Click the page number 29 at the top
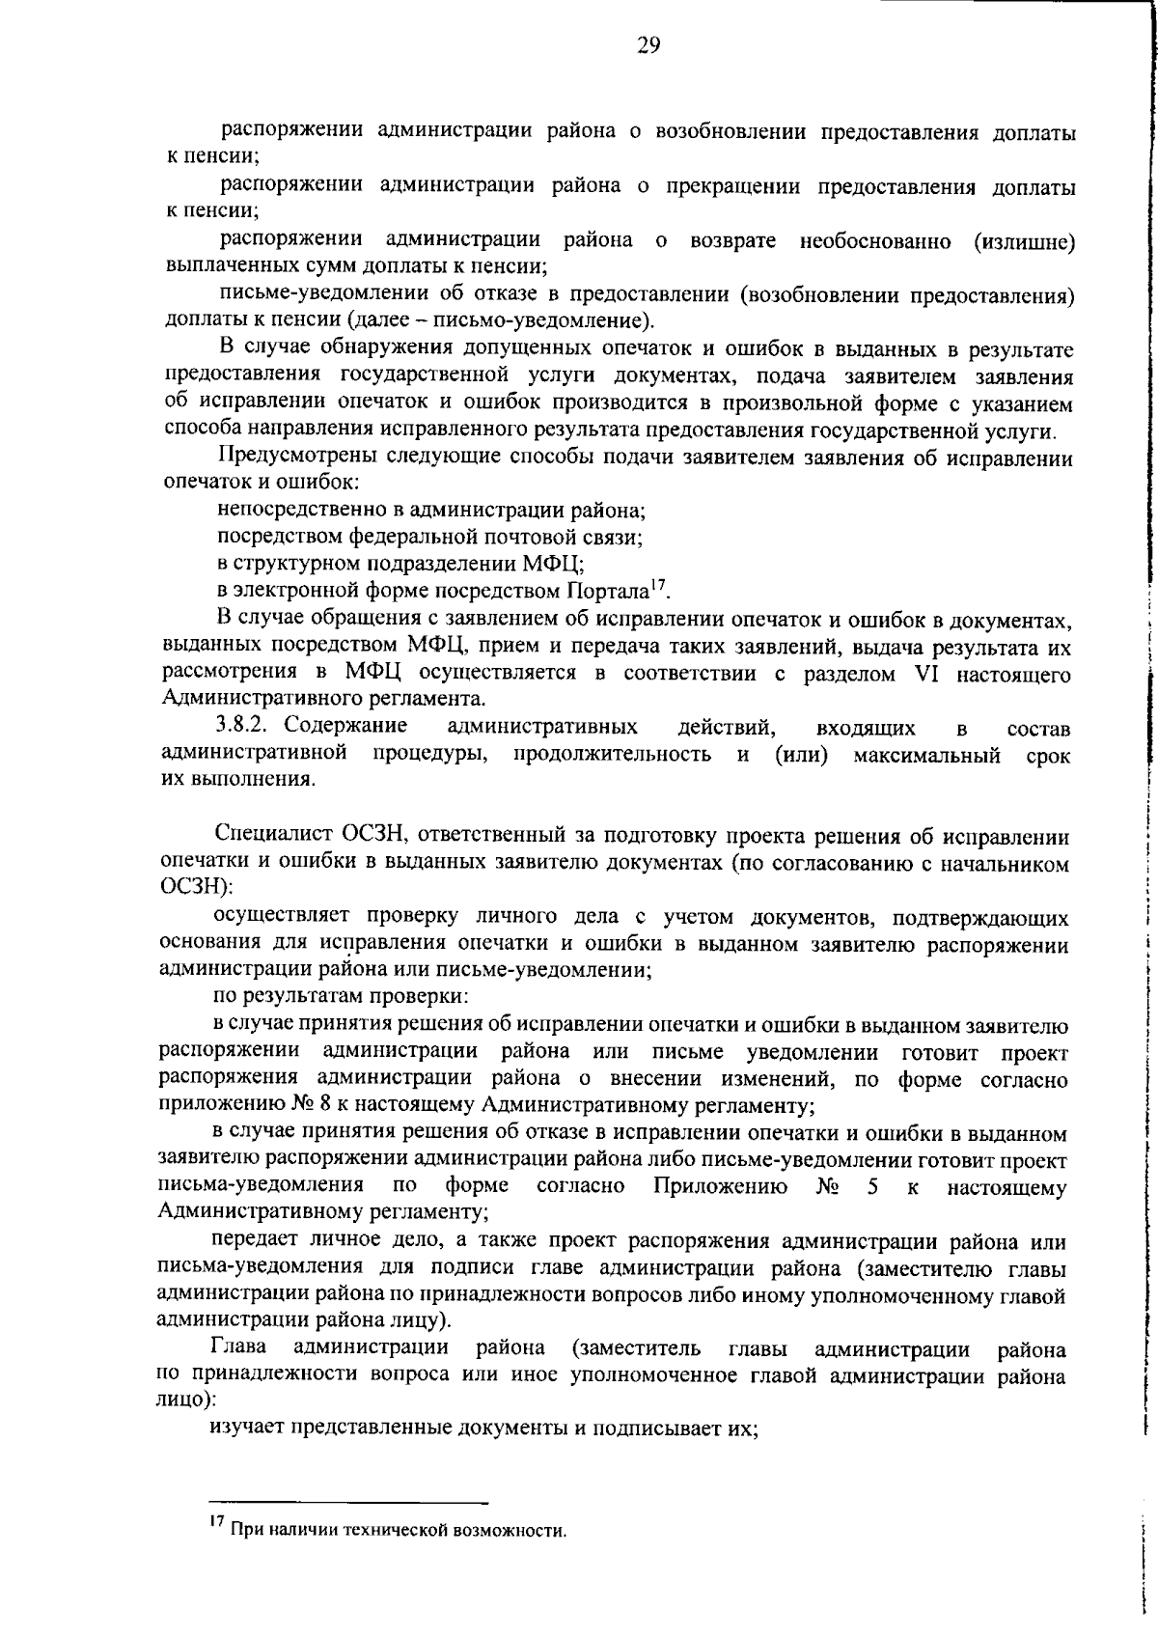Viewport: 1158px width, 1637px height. [648, 45]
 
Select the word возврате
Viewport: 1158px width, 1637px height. [732, 240]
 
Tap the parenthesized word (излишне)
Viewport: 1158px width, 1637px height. [1023, 240]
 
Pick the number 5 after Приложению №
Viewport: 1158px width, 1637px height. [872, 1186]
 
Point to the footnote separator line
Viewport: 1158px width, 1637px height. [349, 1503]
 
